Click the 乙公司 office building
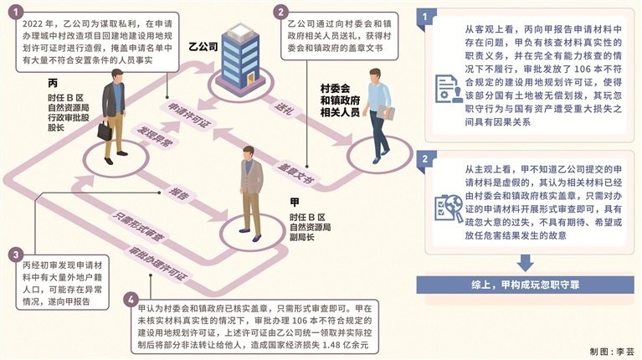coord(240,55)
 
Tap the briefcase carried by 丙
coord(105,131)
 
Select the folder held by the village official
coord(386,113)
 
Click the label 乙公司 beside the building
coord(203,47)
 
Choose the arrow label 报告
coord(178,193)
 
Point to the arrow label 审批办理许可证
coord(158,264)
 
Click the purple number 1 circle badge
coord(16,13)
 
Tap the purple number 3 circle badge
coord(16,255)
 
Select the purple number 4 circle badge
coord(131,300)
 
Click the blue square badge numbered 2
coord(424,159)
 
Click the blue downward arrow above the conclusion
coord(525,263)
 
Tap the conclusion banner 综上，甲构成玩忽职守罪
coord(526,285)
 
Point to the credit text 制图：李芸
coord(612,352)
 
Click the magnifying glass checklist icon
coord(448,208)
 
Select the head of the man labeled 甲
coord(249,153)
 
